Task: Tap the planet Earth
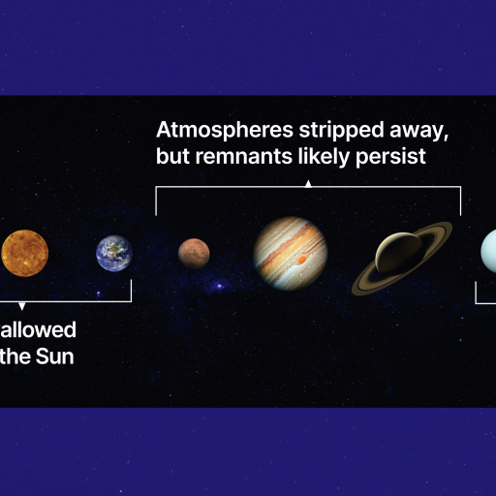(x=114, y=254)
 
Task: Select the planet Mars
(x=194, y=254)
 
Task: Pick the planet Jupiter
(x=291, y=253)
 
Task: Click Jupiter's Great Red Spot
(x=303, y=260)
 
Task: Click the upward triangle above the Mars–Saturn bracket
(x=308, y=181)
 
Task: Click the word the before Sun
(x=15, y=356)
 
